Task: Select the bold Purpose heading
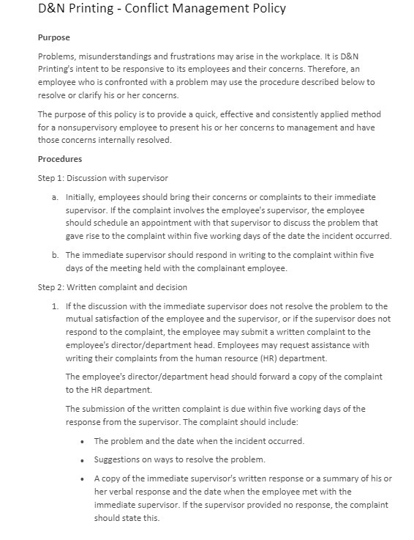coord(53,37)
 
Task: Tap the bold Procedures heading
coord(59,159)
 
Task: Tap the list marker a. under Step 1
coord(55,198)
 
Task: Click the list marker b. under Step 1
coord(55,255)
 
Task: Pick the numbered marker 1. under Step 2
coord(55,306)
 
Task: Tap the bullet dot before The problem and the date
coord(86,441)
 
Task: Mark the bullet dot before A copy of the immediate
coord(86,478)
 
